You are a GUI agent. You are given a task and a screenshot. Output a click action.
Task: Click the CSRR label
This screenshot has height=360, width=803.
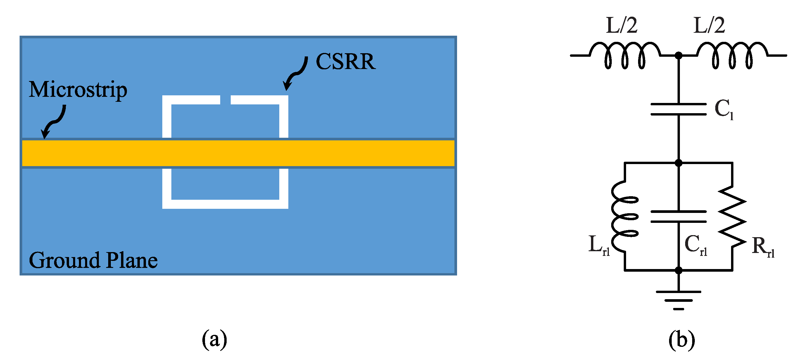point(345,61)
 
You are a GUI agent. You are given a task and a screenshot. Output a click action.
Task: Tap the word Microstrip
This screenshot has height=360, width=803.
point(78,90)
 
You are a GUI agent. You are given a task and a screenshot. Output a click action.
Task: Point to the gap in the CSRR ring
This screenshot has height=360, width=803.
point(225,100)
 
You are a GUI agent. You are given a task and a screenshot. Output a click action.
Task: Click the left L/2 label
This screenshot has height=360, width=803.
point(621,25)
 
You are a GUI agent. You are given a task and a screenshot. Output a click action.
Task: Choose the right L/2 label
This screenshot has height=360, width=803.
point(709,25)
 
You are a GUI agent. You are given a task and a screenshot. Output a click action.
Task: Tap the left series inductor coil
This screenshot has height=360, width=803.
point(625,55)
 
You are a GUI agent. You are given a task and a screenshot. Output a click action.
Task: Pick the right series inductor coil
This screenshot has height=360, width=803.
point(732,55)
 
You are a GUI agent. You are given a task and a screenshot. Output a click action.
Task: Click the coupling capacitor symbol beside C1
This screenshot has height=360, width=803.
point(678,109)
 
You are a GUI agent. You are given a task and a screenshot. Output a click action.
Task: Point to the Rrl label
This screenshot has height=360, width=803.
point(762,247)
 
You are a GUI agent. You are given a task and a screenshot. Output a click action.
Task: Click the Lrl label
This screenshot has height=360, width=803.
point(599,245)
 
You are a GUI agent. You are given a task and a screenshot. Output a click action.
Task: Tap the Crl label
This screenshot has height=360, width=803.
point(695,245)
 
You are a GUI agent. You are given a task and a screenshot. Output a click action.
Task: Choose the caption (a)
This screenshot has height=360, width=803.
point(214,339)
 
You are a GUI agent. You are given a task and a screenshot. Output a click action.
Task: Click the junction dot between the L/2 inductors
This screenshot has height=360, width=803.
point(678,56)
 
